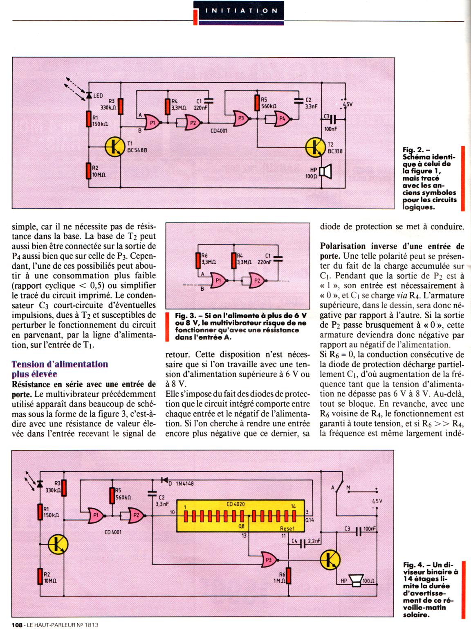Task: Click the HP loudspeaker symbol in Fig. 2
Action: (x=325, y=172)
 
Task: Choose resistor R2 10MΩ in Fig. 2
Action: (x=88, y=171)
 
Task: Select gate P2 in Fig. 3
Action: (x=256, y=280)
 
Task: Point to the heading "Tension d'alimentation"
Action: (x=60, y=364)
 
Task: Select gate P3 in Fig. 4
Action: (x=268, y=560)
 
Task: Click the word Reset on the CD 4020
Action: (x=287, y=528)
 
